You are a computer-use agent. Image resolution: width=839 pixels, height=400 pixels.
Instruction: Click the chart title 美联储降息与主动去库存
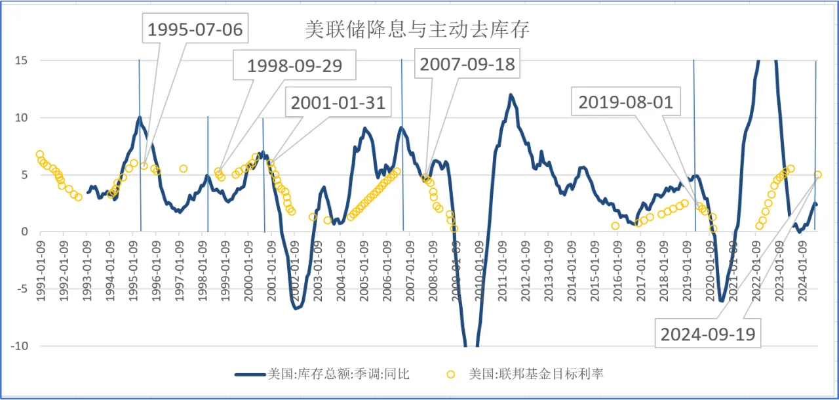(417, 30)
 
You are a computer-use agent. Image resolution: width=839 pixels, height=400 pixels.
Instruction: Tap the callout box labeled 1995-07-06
(195, 30)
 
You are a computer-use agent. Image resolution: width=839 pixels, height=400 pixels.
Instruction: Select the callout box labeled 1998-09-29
(294, 66)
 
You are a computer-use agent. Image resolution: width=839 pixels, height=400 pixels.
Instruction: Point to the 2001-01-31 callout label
(338, 103)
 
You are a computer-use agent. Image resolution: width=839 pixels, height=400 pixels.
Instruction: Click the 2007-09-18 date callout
(467, 64)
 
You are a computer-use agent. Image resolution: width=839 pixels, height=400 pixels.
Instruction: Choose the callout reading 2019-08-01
(625, 102)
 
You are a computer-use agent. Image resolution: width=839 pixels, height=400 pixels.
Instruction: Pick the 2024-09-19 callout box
(708, 334)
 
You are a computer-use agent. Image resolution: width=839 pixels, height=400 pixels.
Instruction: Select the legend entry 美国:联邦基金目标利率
(536, 374)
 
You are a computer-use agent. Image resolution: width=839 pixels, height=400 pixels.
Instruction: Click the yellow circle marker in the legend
(451, 374)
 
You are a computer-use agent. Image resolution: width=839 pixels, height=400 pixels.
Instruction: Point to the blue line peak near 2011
(511, 94)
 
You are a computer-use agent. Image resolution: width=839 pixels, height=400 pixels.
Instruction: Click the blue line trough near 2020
(722, 301)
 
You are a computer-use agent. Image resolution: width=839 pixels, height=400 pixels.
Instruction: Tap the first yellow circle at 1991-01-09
(40, 154)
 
